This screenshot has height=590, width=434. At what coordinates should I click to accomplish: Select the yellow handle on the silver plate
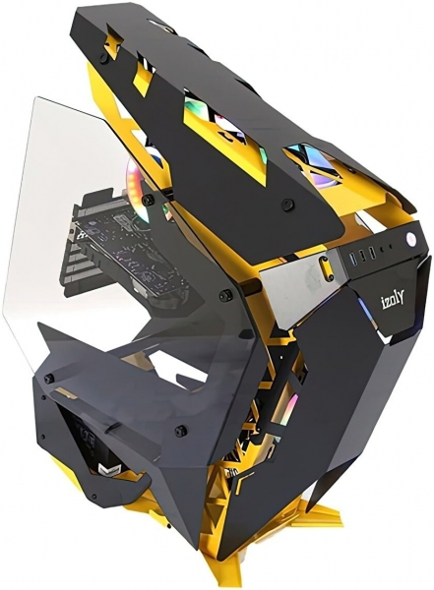click(325, 267)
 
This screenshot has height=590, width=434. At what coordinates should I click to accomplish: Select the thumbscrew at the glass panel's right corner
click(226, 295)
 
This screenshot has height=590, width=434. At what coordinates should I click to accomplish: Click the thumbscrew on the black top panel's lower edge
click(288, 204)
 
